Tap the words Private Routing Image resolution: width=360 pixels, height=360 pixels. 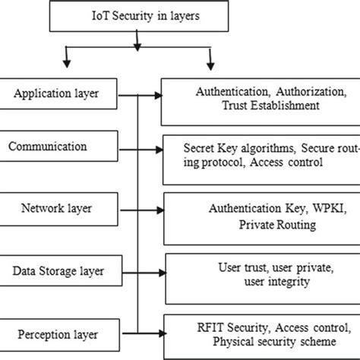260,224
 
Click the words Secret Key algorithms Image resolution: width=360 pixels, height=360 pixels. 227,147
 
